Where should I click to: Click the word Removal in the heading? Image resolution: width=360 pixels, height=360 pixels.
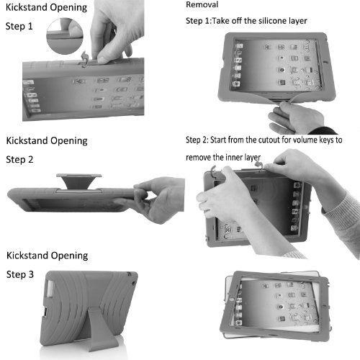click(202, 5)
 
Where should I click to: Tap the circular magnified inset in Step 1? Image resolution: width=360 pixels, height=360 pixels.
click(65, 36)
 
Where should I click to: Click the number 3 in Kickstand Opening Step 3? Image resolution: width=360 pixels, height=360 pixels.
click(31, 274)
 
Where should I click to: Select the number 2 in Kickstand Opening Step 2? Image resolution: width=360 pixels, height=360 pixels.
click(30, 160)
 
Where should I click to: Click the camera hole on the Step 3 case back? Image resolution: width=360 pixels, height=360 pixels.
click(130, 274)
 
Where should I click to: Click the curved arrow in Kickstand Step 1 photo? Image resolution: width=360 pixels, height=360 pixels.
click(85, 59)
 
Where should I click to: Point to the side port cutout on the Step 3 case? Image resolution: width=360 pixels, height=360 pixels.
click(45, 312)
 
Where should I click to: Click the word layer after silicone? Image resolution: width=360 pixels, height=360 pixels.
click(298, 22)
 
